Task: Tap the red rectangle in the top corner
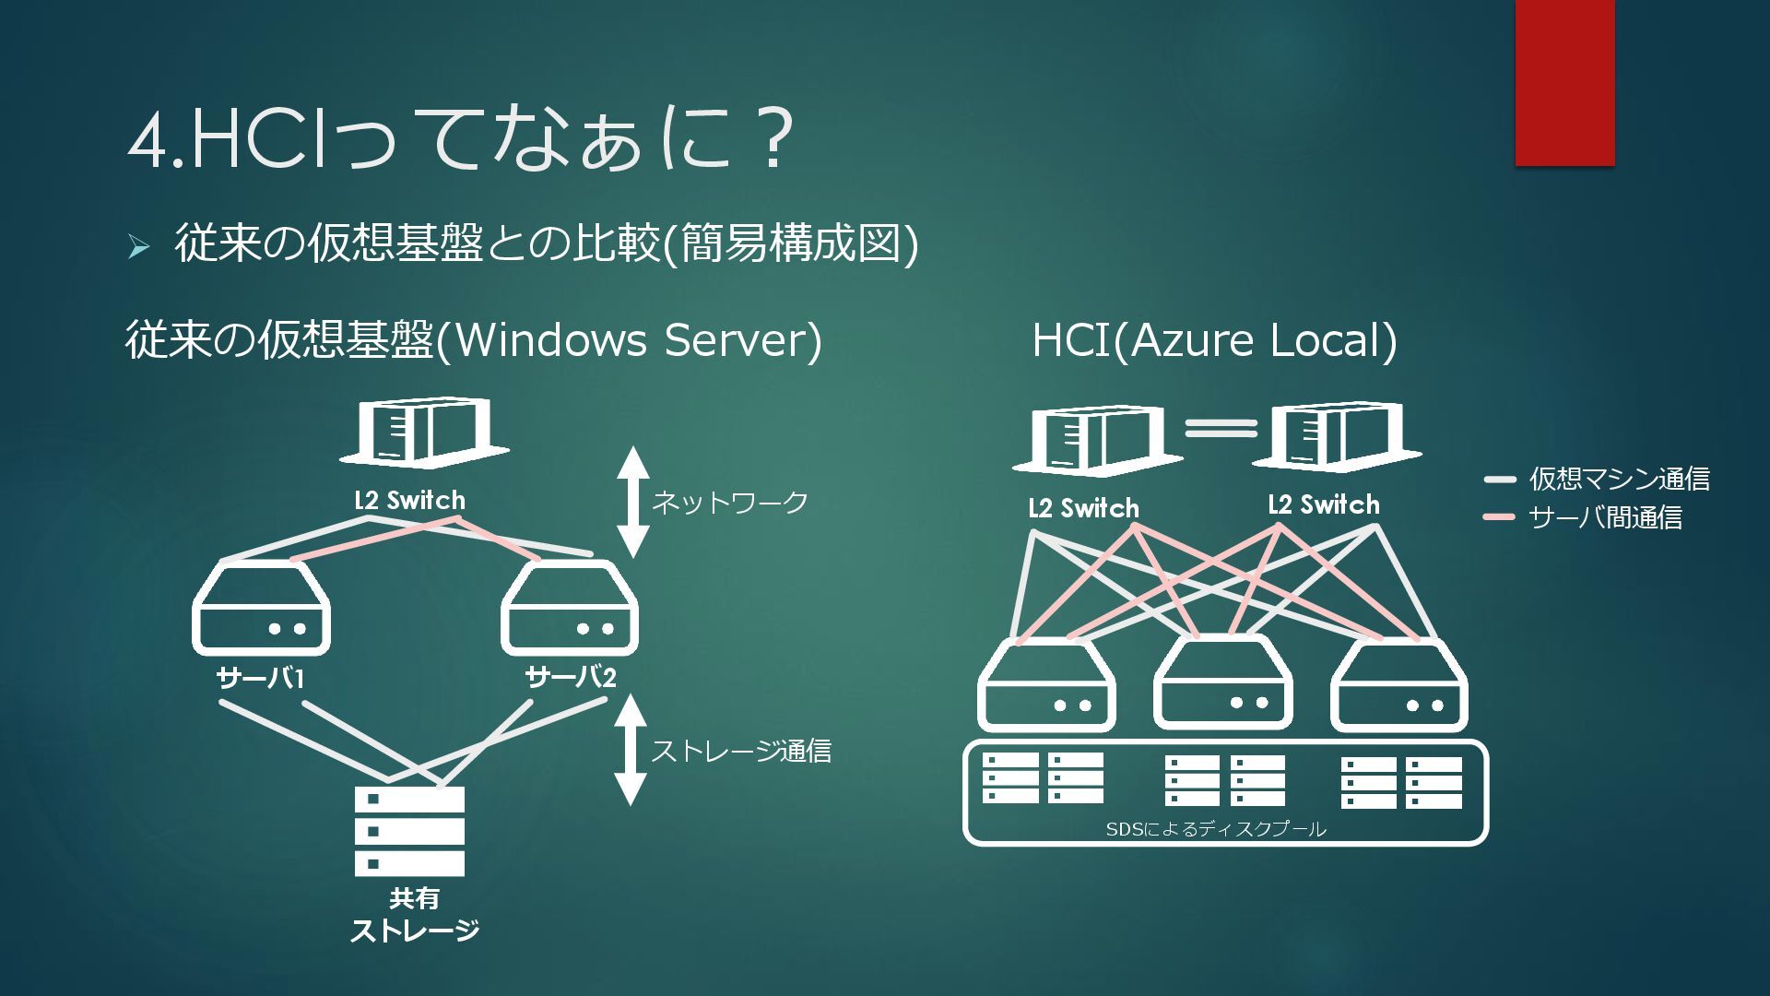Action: (1564, 83)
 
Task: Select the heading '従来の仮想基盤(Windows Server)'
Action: (473, 339)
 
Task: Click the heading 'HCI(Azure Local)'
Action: (1214, 339)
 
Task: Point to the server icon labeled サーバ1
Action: (261, 608)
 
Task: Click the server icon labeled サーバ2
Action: (569, 608)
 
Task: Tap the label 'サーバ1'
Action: (260, 679)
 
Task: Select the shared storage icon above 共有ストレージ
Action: (409, 831)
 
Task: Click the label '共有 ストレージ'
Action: (414, 914)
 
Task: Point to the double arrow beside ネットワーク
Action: (632, 502)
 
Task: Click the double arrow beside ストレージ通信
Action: (631, 750)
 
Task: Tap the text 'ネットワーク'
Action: (729, 503)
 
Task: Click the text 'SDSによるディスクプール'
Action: (1216, 829)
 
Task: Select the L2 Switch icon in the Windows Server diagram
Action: (425, 433)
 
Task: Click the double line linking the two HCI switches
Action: (1221, 428)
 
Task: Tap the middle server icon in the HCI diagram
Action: (1222, 683)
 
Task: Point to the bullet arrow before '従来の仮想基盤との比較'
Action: (138, 246)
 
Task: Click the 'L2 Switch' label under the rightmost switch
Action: (1324, 504)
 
